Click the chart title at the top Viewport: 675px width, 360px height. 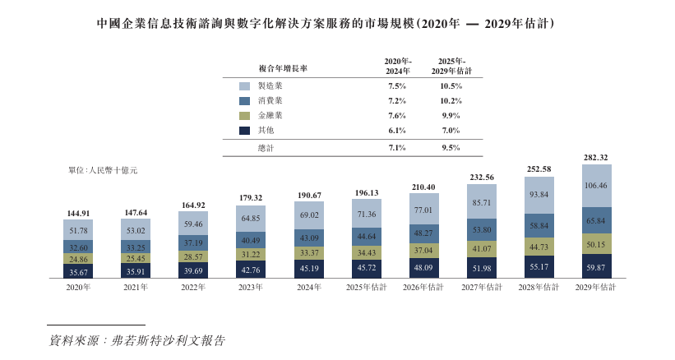point(337,24)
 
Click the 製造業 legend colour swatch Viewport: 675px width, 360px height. point(244,86)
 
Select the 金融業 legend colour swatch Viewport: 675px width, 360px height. point(244,116)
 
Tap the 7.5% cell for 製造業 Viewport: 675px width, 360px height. point(397,86)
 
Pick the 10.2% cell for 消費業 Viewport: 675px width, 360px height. point(450,101)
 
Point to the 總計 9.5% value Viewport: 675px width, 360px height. point(450,148)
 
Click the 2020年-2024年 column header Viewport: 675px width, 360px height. point(398,67)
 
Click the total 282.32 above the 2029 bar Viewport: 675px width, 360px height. point(596,158)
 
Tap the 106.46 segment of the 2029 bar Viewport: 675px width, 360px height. point(596,186)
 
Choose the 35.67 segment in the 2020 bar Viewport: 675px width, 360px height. point(78,271)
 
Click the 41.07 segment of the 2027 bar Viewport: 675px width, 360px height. point(481,247)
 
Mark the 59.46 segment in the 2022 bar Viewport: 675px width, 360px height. point(193,224)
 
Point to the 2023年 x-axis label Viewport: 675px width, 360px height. point(251,288)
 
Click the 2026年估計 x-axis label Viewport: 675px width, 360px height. point(423,288)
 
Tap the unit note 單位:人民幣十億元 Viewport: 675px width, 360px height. point(103,170)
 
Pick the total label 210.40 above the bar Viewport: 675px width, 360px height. point(423,187)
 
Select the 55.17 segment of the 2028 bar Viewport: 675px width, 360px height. point(539,267)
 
